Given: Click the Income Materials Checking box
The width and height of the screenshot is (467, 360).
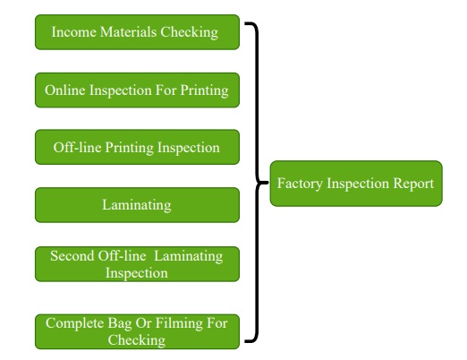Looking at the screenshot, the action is pyautogui.click(x=137, y=32).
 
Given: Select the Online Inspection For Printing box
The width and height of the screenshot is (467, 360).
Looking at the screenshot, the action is pyautogui.click(x=137, y=90).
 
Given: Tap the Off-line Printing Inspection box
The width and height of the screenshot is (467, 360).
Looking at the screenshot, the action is pyautogui.click(x=137, y=147).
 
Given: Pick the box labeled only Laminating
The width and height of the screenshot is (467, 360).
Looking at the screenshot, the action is pyautogui.click(x=137, y=205).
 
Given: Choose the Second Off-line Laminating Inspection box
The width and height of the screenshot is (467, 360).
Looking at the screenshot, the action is pyautogui.click(x=137, y=264).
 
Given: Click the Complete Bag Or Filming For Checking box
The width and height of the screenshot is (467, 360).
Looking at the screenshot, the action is pyautogui.click(x=137, y=331).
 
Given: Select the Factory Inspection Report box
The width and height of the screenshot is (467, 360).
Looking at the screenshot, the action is pyautogui.click(x=356, y=184).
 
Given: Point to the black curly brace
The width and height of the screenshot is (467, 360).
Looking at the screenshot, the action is pyautogui.click(x=257, y=182).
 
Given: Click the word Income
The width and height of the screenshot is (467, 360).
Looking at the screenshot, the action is pyautogui.click(x=73, y=32).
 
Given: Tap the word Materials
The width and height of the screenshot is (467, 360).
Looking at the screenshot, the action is pyautogui.click(x=128, y=32).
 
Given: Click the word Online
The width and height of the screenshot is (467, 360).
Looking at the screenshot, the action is pyautogui.click(x=65, y=90).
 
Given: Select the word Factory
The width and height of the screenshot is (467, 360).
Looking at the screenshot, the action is pyautogui.click(x=300, y=184).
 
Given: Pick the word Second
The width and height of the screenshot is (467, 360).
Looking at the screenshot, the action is pyautogui.click(x=72, y=256).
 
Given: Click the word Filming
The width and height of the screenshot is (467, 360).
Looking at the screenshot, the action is pyautogui.click(x=178, y=323).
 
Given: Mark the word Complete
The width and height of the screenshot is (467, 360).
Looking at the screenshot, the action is pyautogui.click(x=74, y=323).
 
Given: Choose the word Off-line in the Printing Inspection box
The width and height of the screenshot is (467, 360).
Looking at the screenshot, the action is pyautogui.click(x=77, y=147).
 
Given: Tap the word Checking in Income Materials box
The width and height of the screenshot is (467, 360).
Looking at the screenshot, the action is pyautogui.click(x=190, y=32).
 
